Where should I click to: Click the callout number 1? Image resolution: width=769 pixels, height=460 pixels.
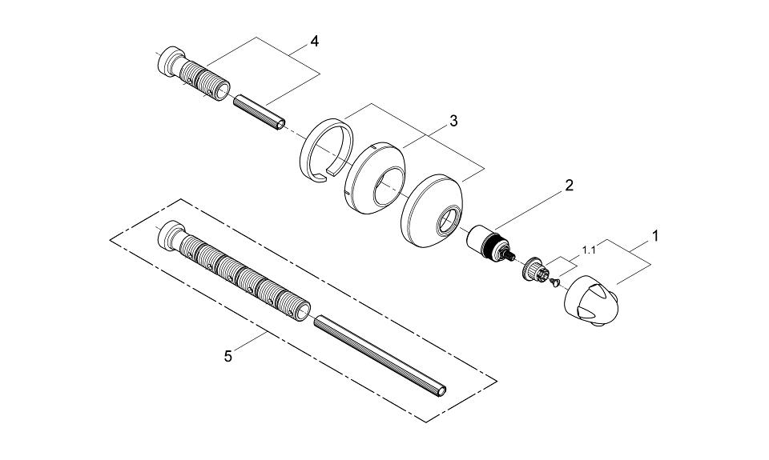pyautogui.click(x=654, y=236)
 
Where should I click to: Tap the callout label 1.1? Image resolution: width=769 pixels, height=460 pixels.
pyautogui.click(x=589, y=250)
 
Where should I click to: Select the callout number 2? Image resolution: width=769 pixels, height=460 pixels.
pyautogui.click(x=569, y=186)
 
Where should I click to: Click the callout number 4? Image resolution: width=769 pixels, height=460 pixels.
pyautogui.click(x=315, y=42)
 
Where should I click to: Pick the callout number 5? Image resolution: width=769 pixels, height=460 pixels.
pyautogui.click(x=228, y=356)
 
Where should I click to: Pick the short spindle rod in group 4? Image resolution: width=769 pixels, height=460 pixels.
pyautogui.click(x=258, y=111)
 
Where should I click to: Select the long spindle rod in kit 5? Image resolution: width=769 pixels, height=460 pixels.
pyautogui.click(x=380, y=354)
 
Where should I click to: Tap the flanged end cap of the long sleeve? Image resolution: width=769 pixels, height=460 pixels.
pyautogui.click(x=170, y=235)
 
